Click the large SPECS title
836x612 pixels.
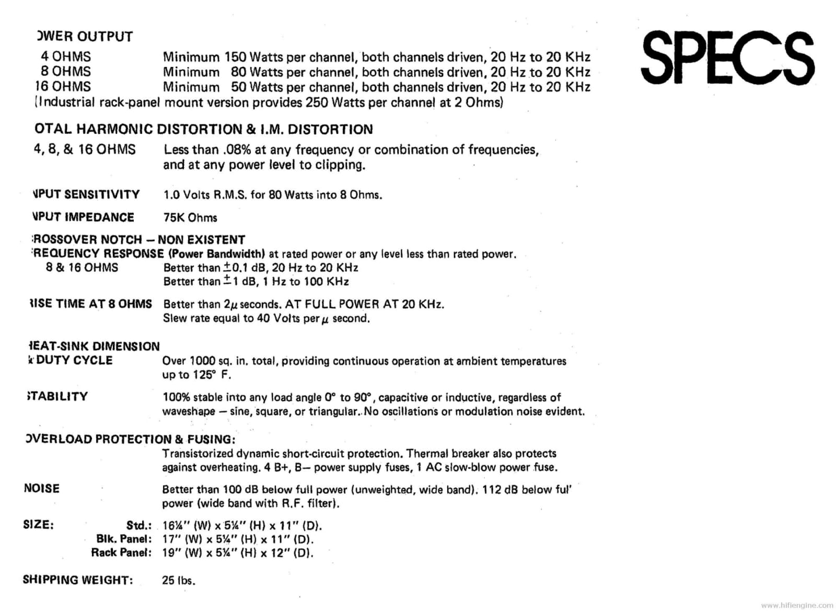pos(727,58)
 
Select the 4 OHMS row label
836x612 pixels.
pos(66,56)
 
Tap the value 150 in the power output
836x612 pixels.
pos(235,57)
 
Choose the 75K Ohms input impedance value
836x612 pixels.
pos(190,217)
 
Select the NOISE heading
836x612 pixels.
pos(42,489)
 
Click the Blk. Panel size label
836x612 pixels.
pos(124,539)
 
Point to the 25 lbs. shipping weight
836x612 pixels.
pos(179,580)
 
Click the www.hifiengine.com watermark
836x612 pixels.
pos(797,605)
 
